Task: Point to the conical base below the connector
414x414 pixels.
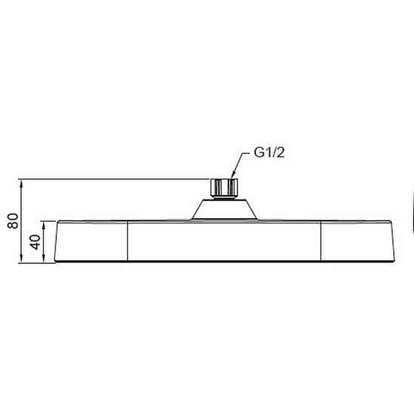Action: (225, 209)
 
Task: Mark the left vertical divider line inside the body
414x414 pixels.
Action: (129, 242)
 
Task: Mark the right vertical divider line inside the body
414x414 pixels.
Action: (322, 242)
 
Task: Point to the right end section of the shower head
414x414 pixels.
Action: (358, 242)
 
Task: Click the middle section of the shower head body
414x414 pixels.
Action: (225, 242)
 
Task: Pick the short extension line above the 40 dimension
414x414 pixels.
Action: (50, 221)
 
